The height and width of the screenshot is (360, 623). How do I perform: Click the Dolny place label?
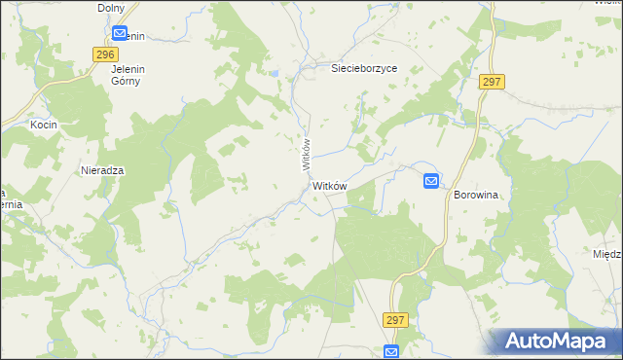tap(111, 8)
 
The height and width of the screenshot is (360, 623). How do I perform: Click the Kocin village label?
tap(44, 126)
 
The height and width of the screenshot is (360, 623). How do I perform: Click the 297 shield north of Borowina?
tap(491, 83)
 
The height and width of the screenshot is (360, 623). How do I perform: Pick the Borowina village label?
tap(475, 195)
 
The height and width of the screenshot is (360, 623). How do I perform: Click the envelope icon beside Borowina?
tap(431, 180)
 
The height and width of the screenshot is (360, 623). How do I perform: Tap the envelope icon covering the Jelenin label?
tap(119, 33)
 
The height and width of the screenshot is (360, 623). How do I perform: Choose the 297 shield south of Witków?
tap(394, 319)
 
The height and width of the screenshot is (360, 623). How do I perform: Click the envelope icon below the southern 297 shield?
tap(391, 351)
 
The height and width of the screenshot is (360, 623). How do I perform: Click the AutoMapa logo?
tap(558, 342)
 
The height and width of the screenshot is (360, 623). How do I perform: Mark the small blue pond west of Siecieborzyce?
tap(276, 73)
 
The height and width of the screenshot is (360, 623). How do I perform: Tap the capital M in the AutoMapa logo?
tap(578, 342)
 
